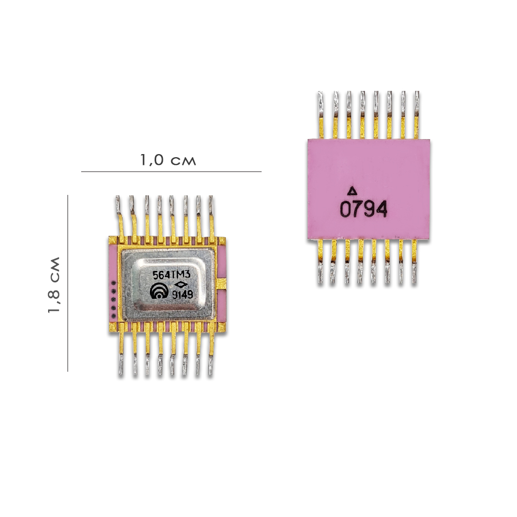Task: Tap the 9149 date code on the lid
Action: pyautogui.click(x=183, y=295)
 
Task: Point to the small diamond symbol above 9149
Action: pyautogui.click(x=180, y=285)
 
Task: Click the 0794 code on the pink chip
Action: pyautogui.click(x=363, y=209)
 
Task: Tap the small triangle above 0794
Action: pyautogui.click(x=353, y=191)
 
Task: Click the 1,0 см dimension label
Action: pyautogui.click(x=168, y=160)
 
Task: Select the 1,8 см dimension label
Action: pyautogui.click(x=54, y=284)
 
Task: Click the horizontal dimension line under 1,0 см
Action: pyautogui.click(x=171, y=172)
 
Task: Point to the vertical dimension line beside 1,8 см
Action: pyautogui.click(x=68, y=283)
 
